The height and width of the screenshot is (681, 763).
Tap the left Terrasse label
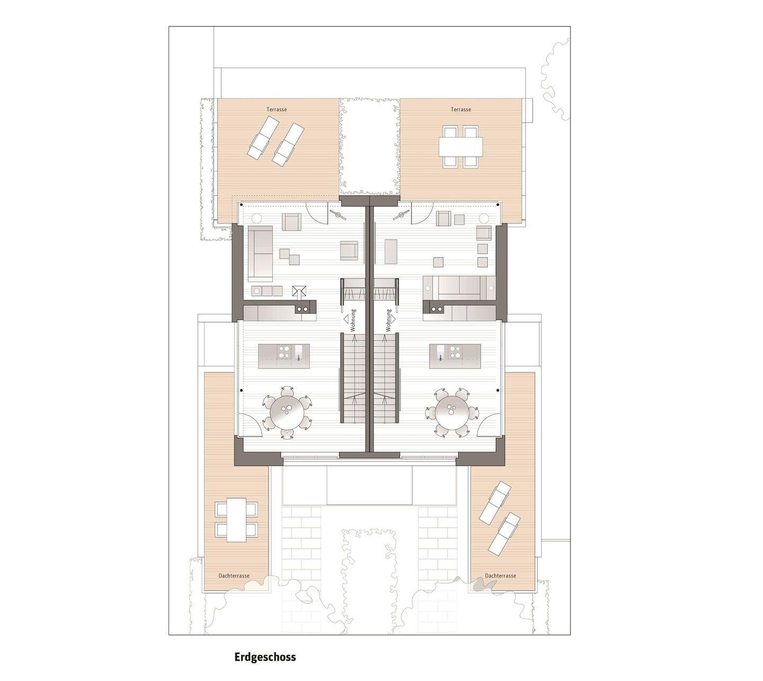click(x=277, y=109)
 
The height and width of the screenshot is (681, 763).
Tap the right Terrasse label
click(x=460, y=109)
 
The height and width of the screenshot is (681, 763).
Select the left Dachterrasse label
click(x=234, y=575)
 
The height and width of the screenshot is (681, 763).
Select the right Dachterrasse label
click(x=500, y=575)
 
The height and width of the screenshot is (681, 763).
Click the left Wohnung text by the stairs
click(x=353, y=320)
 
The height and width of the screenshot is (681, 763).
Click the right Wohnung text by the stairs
click(x=388, y=320)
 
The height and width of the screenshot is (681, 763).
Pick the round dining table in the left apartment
click(x=288, y=411)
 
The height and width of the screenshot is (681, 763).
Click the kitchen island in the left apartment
click(x=284, y=356)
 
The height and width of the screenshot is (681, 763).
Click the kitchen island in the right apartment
click(x=455, y=356)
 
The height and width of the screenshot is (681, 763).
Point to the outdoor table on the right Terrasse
click(x=460, y=147)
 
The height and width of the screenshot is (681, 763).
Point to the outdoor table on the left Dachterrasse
click(x=236, y=519)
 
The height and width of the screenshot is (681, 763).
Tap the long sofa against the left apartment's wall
click(x=260, y=253)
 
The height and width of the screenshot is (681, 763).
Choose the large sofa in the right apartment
click(x=459, y=288)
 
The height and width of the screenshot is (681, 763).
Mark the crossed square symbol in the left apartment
click(x=299, y=291)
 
